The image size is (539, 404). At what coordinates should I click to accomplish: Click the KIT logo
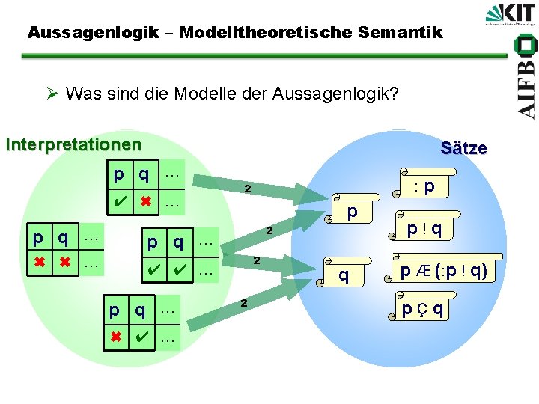(x=509, y=16)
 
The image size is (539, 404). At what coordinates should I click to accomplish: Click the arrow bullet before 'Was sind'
(x=51, y=94)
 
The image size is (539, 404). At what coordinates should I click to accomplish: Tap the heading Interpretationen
(x=73, y=143)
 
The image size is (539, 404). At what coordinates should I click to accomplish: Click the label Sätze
(x=463, y=148)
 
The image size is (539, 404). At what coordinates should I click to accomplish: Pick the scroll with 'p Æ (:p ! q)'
(x=441, y=272)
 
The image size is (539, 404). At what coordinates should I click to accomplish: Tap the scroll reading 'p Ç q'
(x=422, y=309)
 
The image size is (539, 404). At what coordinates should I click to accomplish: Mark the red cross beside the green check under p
(x=146, y=202)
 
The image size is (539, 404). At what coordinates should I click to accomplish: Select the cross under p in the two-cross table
(x=38, y=263)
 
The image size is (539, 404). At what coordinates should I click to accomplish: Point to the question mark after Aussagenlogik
(x=395, y=94)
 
